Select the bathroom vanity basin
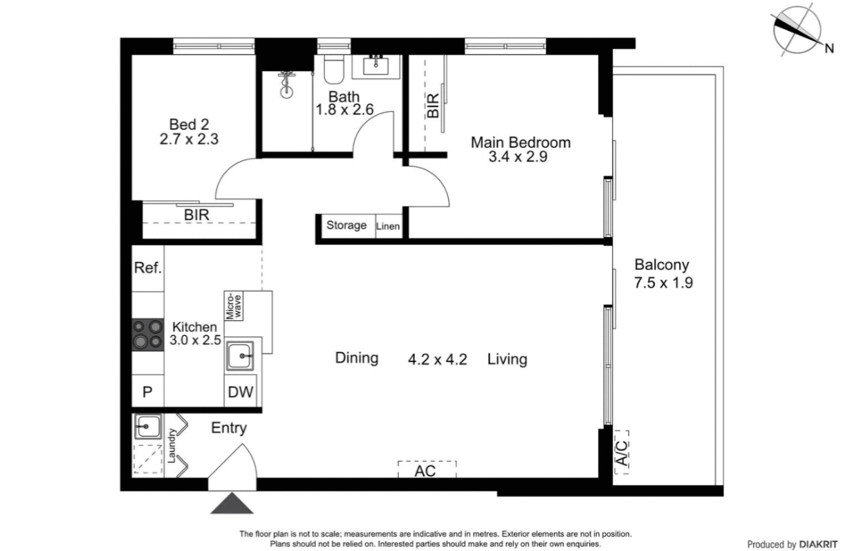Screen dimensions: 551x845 pyautogui.click(x=376, y=67)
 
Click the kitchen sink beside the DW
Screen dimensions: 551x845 pyautogui.click(x=241, y=357)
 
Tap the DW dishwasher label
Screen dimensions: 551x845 pyautogui.click(x=240, y=393)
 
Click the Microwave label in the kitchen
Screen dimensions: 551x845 pyautogui.click(x=236, y=304)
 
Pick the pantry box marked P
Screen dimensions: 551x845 pyautogui.click(x=147, y=392)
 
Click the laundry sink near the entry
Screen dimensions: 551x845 pyautogui.click(x=147, y=427)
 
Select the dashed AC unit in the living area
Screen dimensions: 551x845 pyautogui.click(x=427, y=470)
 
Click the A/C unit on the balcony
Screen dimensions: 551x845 pyautogui.click(x=622, y=452)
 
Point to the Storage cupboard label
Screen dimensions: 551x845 pyautogui.click(x=346, y=225)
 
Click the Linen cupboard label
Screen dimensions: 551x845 pyautogui.click(x=388, y=227)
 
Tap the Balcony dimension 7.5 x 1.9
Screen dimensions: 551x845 pyautogui.click(x=662, y=282)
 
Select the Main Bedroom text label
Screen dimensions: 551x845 pyautogui.click(x=520, y=142)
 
